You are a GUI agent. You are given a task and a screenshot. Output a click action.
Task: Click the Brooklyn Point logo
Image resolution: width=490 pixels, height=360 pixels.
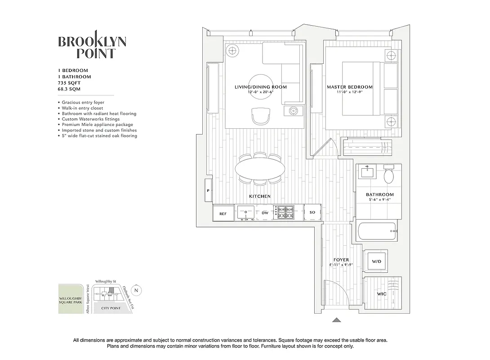point(92,47)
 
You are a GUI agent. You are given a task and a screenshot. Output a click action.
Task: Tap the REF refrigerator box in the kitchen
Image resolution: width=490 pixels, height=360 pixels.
point(223,214)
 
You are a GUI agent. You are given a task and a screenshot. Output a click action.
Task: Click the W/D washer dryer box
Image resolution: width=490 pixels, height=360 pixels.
point(375,261)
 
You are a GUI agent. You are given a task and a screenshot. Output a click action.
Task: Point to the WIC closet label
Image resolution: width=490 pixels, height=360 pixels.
point(381,294)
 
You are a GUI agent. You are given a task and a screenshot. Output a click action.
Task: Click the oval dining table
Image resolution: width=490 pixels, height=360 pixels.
point(260,170)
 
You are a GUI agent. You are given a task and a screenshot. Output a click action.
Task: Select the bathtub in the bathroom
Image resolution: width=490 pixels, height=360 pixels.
point(377,231)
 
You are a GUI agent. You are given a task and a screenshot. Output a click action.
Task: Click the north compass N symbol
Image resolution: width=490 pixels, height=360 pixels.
point(137,290)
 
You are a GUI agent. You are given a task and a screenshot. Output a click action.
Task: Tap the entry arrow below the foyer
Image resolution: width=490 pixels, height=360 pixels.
point(336,320)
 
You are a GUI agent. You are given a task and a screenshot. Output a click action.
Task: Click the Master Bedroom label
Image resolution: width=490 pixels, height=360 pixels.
point(349,87)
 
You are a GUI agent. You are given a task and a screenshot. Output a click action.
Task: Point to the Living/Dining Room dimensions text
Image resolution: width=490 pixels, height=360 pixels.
point(260,92)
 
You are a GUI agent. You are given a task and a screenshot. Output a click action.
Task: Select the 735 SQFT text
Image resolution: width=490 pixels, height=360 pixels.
point(68,83)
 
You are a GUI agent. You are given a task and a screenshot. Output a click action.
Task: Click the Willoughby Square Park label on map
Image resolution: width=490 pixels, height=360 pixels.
point(70,301)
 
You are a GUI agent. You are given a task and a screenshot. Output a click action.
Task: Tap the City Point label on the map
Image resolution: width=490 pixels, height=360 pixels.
point(111,308)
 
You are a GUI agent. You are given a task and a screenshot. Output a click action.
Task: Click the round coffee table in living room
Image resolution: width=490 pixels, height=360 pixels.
point(260,85)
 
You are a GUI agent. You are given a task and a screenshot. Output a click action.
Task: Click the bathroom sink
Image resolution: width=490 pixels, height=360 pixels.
point(368,171)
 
